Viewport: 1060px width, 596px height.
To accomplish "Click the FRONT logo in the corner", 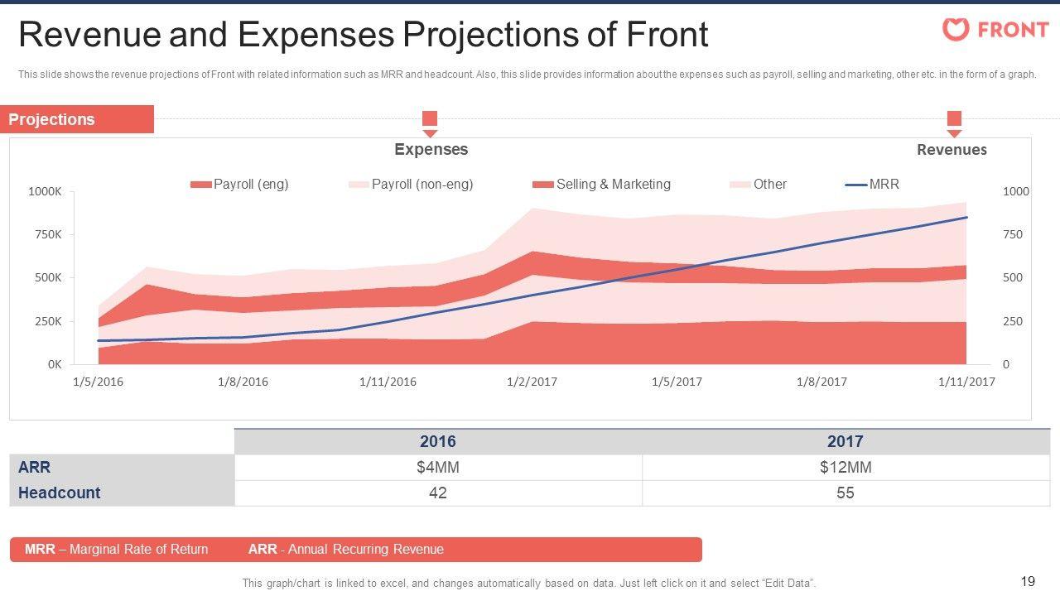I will point(995,30).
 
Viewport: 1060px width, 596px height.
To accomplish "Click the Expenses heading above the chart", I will point(431,150).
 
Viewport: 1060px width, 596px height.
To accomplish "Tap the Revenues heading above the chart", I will point(952,150).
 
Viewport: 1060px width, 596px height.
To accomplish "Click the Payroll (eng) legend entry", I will point(240,185).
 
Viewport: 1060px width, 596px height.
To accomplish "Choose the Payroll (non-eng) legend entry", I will point(411,185).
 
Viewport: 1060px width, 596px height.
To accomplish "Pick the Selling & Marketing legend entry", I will point(602,185).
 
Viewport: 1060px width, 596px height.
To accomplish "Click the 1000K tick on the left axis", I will point(45,192).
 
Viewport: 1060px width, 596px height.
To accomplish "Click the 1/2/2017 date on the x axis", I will point(532,382).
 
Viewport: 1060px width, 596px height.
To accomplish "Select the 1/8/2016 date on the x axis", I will point(243,382).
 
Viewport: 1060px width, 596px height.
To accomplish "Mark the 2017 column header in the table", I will point(845,442).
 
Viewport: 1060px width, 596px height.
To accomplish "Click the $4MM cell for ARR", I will point(437,468).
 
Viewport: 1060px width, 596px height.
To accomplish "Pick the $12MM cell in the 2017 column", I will point(845,468).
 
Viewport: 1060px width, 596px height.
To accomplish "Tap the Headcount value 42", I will point(437,493).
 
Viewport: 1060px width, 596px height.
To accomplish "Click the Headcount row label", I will point(59,493).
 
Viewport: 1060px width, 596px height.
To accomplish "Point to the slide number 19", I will point(1029,581).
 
